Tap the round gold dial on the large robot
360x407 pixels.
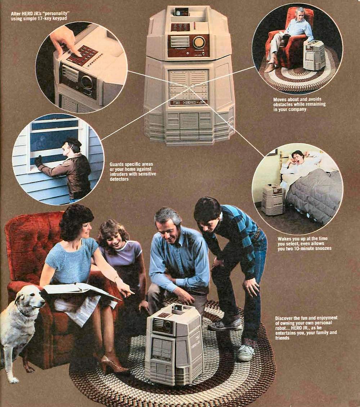[x=199, y=42]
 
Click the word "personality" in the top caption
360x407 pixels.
[x=57, y=13]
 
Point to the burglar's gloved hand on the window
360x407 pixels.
[x=39, y=161]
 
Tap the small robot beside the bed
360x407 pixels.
[x=273, y=198]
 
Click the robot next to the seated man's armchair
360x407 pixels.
[x=314, y=55]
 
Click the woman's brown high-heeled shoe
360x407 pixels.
[x=114, y=364]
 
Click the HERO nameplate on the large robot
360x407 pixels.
[x=189, y=103]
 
